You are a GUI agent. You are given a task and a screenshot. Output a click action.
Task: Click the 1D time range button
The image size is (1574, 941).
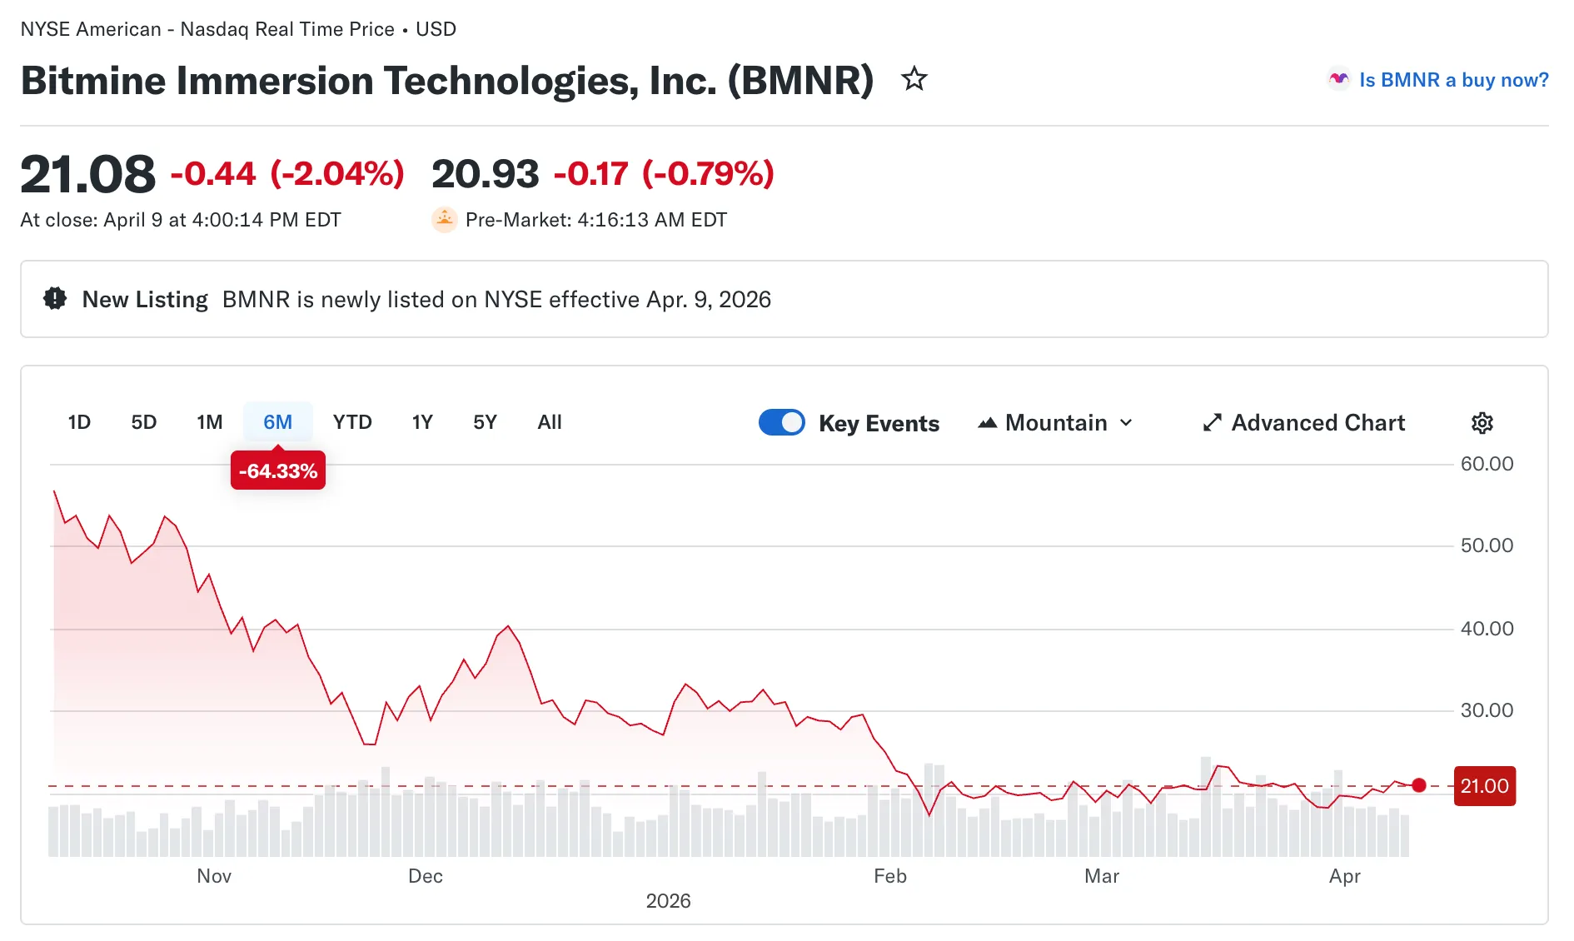click(79, 422)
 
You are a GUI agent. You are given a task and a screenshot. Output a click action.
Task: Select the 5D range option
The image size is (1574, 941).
click(144, 422)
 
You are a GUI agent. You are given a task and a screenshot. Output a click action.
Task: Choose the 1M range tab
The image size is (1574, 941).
click(209, 422)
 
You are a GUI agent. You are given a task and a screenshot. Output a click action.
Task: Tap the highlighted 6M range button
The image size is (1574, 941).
click(277, 422)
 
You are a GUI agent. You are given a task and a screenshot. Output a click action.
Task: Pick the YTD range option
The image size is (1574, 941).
click(352, 422)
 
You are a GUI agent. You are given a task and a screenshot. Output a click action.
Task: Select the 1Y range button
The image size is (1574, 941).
click(422, 422)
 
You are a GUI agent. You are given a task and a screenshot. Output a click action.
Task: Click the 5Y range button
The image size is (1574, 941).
click(485, 422)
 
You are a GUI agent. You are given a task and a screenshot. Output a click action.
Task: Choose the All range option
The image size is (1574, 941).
click(550, 422)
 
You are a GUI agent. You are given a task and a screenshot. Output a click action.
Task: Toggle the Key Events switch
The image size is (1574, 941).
click(781, 422)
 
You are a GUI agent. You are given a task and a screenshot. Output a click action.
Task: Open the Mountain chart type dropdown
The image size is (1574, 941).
click(1055, 423)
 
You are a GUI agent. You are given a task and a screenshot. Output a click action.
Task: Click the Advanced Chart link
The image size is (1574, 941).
click(1304, 423)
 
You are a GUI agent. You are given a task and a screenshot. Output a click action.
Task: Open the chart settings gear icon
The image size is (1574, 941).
click(1482, 423)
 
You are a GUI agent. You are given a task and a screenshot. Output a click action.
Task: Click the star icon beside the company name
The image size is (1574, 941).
click(914, 79)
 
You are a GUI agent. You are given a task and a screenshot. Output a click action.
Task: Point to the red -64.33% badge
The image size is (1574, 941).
click(278, 471)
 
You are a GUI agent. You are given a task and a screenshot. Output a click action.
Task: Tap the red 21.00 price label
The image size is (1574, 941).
click(1484, 786)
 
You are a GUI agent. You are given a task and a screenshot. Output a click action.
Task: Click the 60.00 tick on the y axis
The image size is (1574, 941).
click(1487, 464)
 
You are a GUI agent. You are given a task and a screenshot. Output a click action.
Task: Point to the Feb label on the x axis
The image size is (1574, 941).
click(889, 876)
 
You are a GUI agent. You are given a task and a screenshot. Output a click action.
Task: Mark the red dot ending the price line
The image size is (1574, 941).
click(1419, 785)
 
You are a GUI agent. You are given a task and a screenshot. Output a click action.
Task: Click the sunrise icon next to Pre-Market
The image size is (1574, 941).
click(445, 220)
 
